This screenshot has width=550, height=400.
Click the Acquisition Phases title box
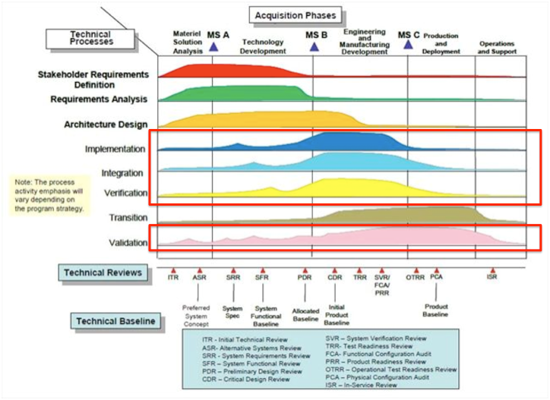point(296,14)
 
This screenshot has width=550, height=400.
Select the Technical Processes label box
point(91,37)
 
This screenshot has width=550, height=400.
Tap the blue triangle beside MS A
point(213,47)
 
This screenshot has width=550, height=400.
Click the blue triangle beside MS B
point(313,47)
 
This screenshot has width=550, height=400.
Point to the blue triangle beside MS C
point(408,45)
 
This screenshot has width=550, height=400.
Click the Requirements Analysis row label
point(99,99)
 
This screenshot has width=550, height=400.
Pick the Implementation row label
point(115,150)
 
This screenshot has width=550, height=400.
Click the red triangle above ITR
point(173,270)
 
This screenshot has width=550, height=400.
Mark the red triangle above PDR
point(305,270)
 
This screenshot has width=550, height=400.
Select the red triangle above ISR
point(492,270)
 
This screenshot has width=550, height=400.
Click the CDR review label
point(334,279)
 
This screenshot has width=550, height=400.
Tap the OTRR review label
point(416,279)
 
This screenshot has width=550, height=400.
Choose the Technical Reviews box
point(103,272)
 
